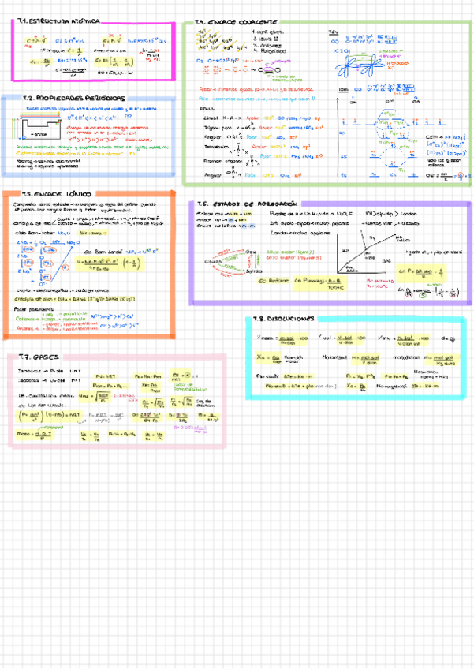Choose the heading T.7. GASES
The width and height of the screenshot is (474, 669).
35,357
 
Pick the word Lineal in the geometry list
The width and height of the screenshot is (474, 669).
210,118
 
